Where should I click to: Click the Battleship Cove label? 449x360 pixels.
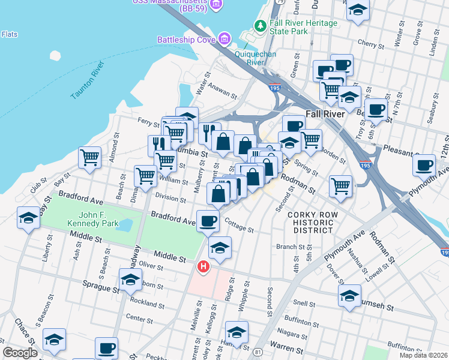[186, 40]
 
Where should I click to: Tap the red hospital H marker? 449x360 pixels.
[204, 266]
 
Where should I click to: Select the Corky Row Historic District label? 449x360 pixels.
[310, 222]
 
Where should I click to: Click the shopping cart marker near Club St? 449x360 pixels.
[89, 158]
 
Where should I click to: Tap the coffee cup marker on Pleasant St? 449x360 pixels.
[424, 164]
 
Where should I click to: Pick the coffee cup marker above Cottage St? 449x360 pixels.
[208, 221]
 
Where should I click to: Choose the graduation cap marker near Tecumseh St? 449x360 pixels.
[349, 295]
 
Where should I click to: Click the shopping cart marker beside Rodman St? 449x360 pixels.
[340, 185]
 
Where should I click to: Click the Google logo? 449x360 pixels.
[20, 353]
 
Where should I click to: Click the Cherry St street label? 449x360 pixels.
[370, 44]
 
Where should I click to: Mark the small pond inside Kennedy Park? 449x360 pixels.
[125, 225]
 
